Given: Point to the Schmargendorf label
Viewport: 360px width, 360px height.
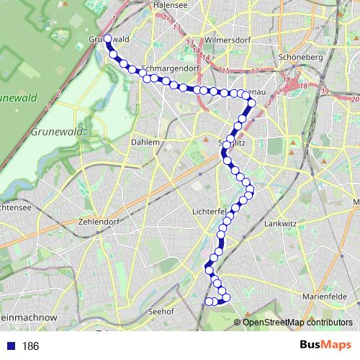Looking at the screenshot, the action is (171, 70).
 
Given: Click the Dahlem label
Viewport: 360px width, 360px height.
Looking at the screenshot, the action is (145, 143).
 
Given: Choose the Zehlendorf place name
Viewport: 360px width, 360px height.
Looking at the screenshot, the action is (100, 222).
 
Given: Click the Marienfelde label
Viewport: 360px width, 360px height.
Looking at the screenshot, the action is (325, 296).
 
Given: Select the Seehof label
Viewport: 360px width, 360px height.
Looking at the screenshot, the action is (162, 311).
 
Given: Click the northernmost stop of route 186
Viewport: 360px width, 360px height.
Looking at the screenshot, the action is (107, 39).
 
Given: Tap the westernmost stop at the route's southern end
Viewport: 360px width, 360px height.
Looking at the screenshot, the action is (208, 302).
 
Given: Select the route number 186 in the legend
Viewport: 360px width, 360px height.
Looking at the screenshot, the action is (30, 346).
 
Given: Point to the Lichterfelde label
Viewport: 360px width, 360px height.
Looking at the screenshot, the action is (210, 211).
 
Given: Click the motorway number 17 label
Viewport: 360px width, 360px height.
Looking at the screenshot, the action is (255, 71).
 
